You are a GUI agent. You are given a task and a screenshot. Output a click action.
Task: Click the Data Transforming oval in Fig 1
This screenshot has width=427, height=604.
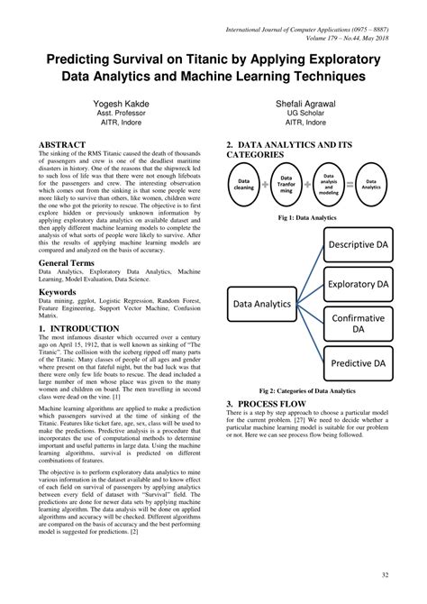point(286,183)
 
